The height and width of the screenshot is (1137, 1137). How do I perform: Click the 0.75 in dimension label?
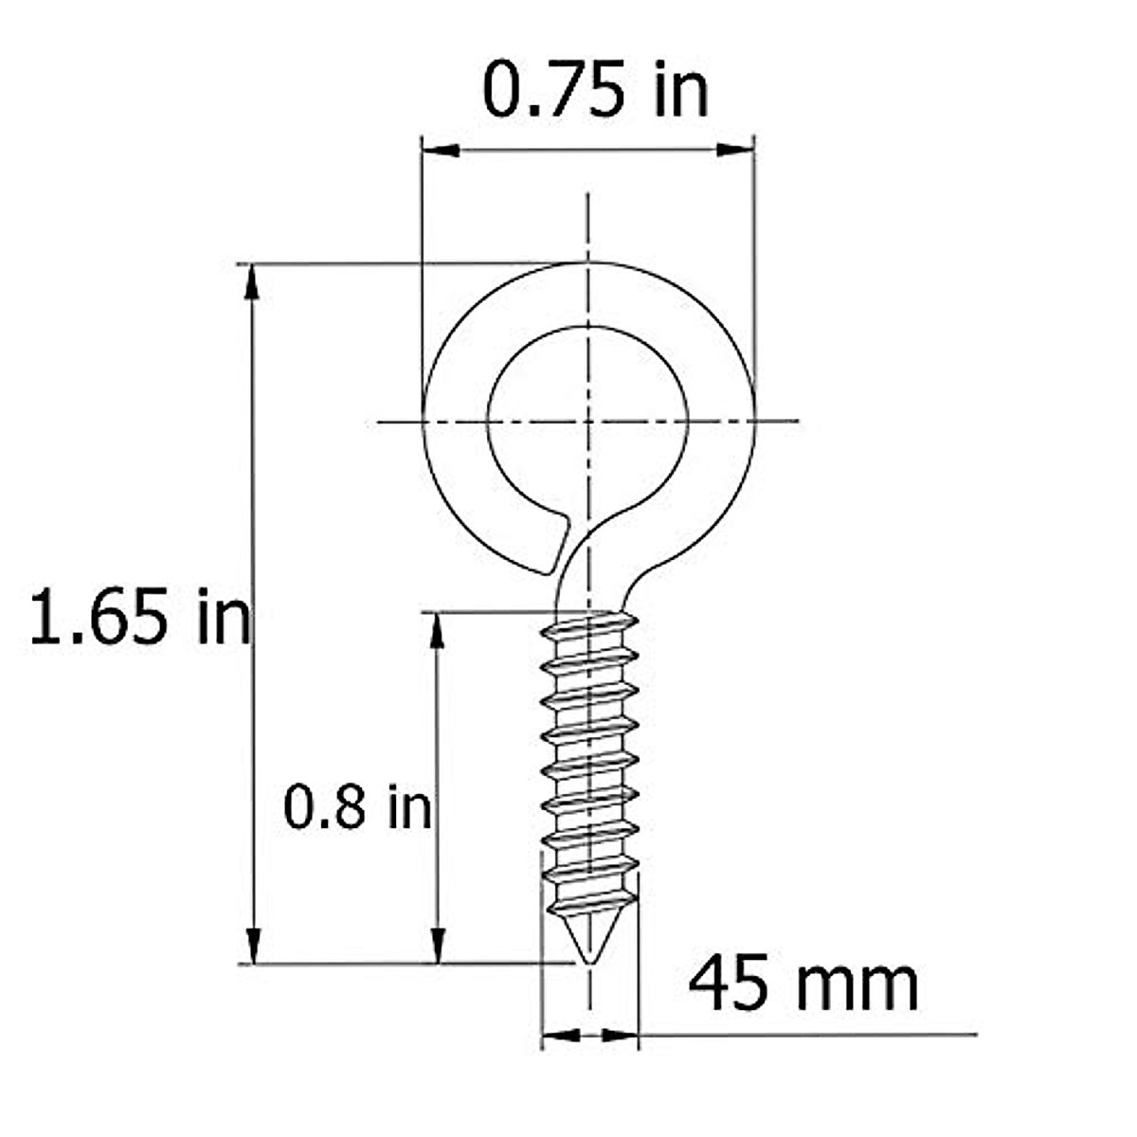(595, 90)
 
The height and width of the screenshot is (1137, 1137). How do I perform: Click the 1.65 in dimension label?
(140, 617)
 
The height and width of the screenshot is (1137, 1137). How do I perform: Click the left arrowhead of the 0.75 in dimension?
(441, 150)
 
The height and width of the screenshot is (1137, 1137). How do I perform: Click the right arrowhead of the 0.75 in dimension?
(735, 150)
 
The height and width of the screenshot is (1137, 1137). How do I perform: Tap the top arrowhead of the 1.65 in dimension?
(252, 281)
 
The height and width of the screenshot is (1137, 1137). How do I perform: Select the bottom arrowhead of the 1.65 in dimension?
(252, 945)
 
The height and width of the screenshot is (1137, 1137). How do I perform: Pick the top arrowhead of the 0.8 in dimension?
(437, 630)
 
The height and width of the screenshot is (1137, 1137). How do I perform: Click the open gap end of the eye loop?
(556, 545)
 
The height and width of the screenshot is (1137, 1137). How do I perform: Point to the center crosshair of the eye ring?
(588, 420)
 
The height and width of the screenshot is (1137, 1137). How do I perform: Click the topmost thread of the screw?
(589, 625)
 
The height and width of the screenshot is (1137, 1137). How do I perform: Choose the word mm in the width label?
(857, 985)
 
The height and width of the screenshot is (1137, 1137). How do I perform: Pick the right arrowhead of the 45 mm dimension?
(621, 1035)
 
